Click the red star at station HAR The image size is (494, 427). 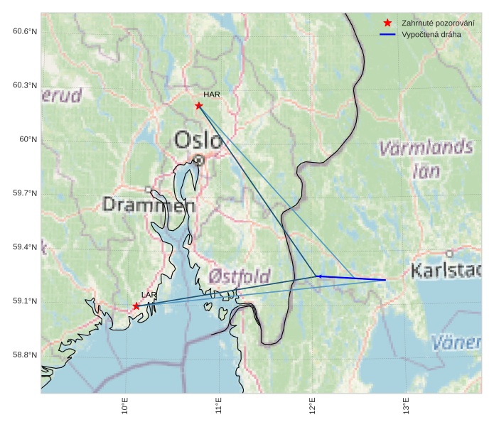pyautogui.click(x=199, y=106)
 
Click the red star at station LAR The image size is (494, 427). pyautogui.click(x=136, y=306)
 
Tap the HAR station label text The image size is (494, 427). pyautogui.click(x=211, y=94)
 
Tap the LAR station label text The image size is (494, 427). pyautogui.click(x=149, y=295)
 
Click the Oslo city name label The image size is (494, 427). pyautogui.click(x=198, y=140)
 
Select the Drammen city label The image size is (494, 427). pyautogui.click(x=149, y=205)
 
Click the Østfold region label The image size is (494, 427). pyautogui.click(x=240, y=276)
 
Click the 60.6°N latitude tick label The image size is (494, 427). pyautogui.click(x=24, y=31)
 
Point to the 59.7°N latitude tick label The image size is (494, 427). pyautogui.click(x=24, y=193)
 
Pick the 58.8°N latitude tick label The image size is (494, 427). pyautogui.click(x=24, y=355)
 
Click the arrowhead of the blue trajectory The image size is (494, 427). pyautogui.click(x=318, y=276)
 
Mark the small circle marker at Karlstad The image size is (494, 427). pyautogui.click(x=449, y=253)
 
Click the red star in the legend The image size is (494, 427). pyautogui.click(x=387, y=23)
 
